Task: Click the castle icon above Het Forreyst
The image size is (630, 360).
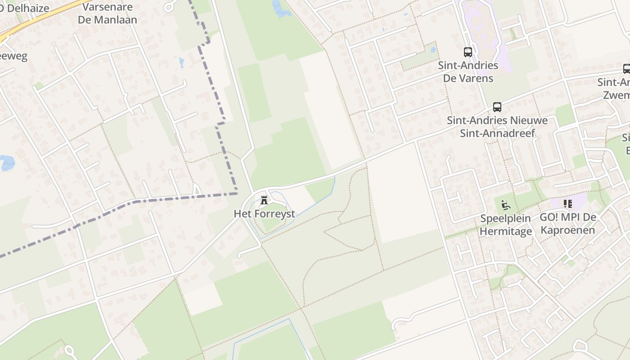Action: [264, 200]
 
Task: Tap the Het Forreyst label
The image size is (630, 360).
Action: [264, 214]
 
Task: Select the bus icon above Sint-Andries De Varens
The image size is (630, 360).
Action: [468, 52]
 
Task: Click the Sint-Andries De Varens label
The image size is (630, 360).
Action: [468, 72]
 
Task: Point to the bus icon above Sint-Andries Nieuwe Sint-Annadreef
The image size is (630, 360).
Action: [497, 107]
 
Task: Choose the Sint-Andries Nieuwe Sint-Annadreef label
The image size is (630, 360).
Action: [497, 127]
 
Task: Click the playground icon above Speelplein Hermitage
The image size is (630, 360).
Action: [506, 205]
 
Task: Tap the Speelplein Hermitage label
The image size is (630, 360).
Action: [506, 225]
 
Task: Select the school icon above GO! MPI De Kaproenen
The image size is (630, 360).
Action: [568, 204]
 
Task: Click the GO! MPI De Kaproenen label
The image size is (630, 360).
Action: [568, 224]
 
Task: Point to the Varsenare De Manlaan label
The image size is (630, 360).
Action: [107, 13]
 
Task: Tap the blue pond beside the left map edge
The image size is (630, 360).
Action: [7, 162]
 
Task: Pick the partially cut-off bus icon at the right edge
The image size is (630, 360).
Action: [626, 69]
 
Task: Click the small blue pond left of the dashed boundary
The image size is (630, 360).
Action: [181, 62]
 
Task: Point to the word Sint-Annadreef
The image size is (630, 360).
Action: [497, 133]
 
